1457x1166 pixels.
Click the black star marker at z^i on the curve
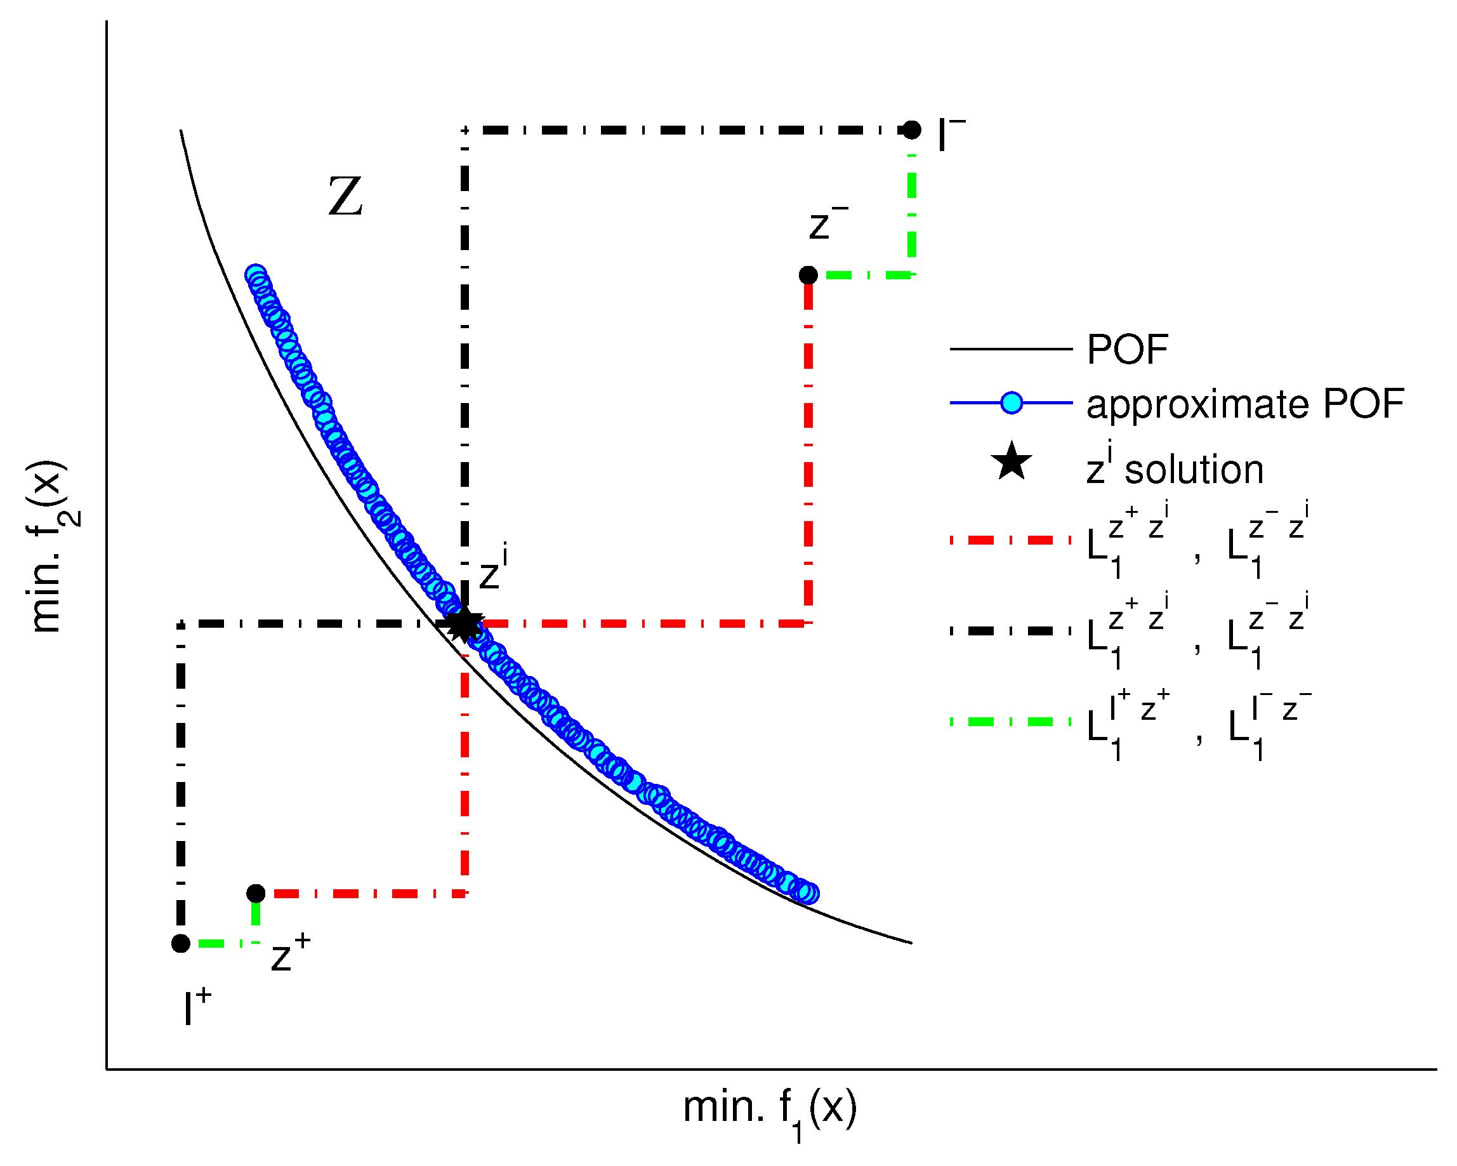coord(465,624)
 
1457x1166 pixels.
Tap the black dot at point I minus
coord(912,129)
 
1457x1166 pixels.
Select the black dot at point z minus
coord(808,275)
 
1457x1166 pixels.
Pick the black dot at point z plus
coord(256,894)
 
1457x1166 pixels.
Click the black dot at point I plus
coord(180,944)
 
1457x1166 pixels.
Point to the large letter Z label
coord(345,197)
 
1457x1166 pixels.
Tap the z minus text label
coord(827,223)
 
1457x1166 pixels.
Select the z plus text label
coord(290,953)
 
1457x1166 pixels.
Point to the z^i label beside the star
coord(492,570)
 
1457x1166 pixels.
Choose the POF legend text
coord(1127,350)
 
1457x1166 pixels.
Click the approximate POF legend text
coord(1245,404)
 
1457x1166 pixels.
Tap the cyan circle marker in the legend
coord(1011,403)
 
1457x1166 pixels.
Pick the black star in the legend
coord(1011,462)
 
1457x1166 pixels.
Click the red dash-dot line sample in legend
coord(1011,540)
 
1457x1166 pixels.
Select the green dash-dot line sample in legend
coord(1011,722)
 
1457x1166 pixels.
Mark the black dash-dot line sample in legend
coord(1011,631)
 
